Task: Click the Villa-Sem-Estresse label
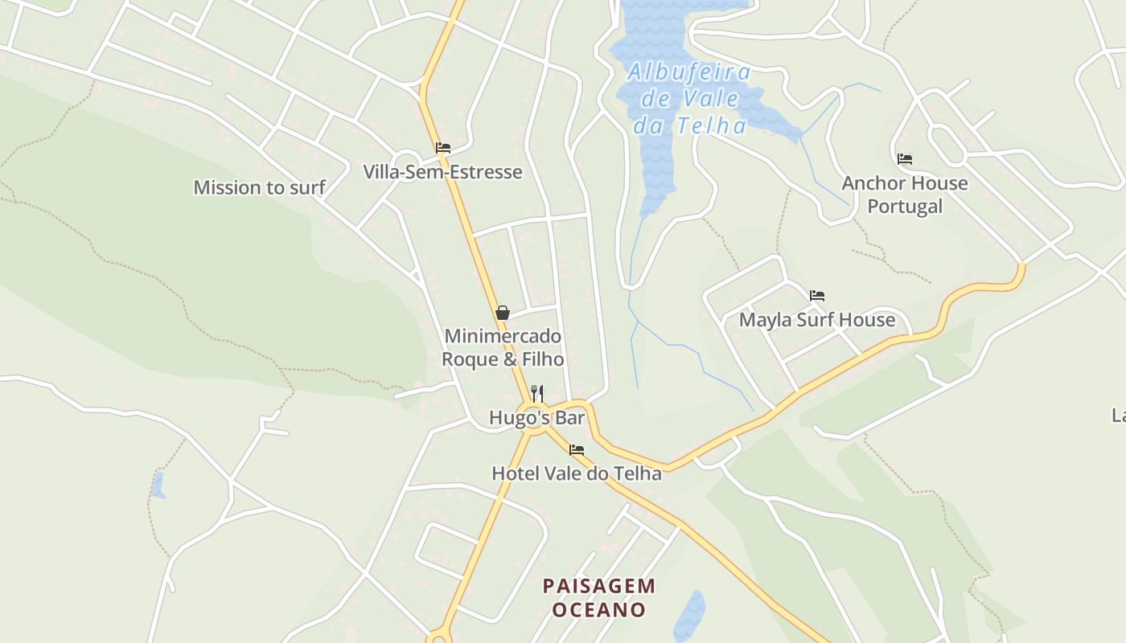pyautogui.click(x=442, y=172)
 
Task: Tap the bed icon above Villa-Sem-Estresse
pyautogui.click(x=442, y=148)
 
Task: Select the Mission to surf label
pyautogui.click(x=259, y=187)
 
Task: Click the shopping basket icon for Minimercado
pyautogui.click(x=503, y=312)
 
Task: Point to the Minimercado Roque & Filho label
pyautogui.click(x=503, y=347)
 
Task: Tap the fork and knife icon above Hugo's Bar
pyautogui.click(x=537, y=393)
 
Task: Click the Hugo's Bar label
pyautogui.click(x=536, y=418)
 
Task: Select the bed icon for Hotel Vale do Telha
pyautogui.click(x=576, y=450)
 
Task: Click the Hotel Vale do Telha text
pyautogui.click(x=577, y=473)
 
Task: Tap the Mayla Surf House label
pyautogui.click(x=817, y=320)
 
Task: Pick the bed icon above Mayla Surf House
pyautogui.click(x=817, y=296)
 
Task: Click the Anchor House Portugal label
pyautogui.click(x=905, y=195)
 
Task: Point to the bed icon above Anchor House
pyautogui.click(x=905, y=159)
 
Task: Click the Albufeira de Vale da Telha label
pyautogui.click(x=690, y=99)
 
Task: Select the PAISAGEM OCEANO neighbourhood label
pyautogui.click(x=599, y=597)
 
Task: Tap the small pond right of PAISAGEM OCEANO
pyautogui.click(x=690, y=615)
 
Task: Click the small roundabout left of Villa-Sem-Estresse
pyautogui.click(x=407, y=160)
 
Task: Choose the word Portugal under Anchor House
pyautogui.click(x=905, y=207)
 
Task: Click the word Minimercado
pyautogui.click(x=503, y=336)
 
